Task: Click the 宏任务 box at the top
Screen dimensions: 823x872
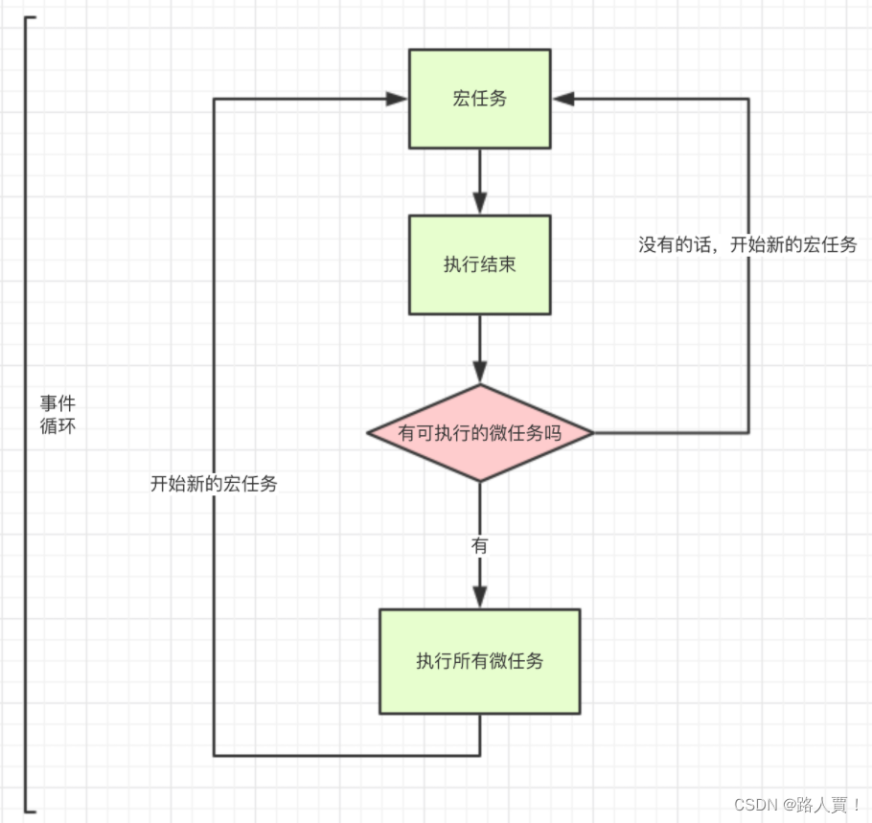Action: point(479,99)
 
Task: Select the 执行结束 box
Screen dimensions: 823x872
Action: point(479,264)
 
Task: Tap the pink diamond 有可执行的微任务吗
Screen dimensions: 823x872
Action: point(479,433)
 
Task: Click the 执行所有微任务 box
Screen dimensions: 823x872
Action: point(479,661)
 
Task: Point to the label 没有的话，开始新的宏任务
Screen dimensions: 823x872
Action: point(747,244)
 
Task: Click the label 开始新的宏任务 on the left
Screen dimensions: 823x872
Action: point(214,484)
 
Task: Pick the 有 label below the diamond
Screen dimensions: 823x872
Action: point(479,546)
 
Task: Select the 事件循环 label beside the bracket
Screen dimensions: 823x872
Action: point(57,414)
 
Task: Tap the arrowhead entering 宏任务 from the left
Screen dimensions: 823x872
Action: point(398,99)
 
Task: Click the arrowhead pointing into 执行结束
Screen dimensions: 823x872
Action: point(479,204)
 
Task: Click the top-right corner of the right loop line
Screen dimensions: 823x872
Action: point(748,99)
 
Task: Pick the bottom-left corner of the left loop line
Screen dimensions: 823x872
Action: point(214,755)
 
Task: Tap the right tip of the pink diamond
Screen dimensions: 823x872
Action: point(592,433)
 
